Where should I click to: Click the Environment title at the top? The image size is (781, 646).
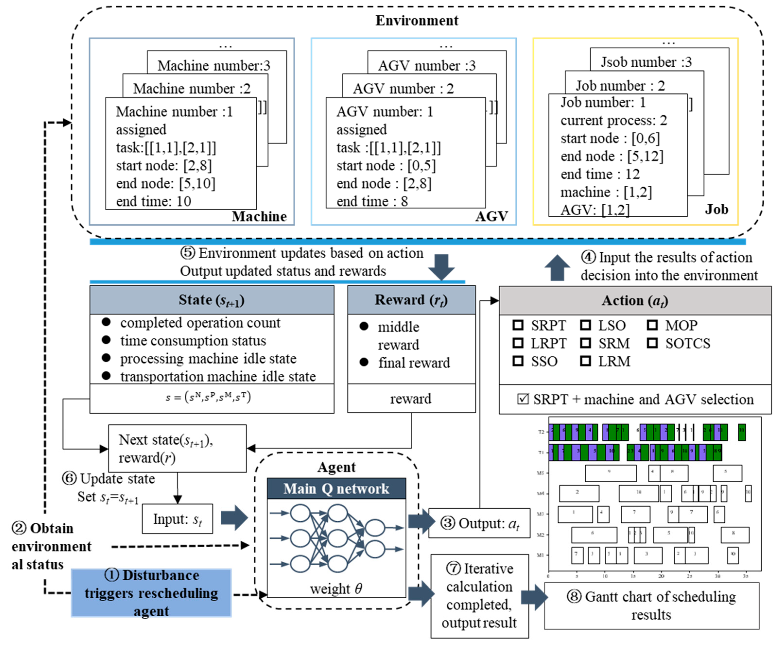tap(417, 20)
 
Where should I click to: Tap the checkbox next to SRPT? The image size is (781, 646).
tap(518, 325)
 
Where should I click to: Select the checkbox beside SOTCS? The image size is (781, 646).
tap(652, 343)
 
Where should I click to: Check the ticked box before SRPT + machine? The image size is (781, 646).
tap(523, 399)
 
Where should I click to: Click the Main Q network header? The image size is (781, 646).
tap(336, 489)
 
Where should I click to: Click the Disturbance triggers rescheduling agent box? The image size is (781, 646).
tap(151, 593)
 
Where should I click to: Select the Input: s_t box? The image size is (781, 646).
tap(177, 519)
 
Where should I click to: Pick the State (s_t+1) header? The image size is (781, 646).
tap(212, 300)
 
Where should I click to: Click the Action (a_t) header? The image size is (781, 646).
tap(635, 301)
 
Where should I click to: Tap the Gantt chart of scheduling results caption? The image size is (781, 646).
tap(651, 605)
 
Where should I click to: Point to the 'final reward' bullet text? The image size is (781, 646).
tap(414, 363)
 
